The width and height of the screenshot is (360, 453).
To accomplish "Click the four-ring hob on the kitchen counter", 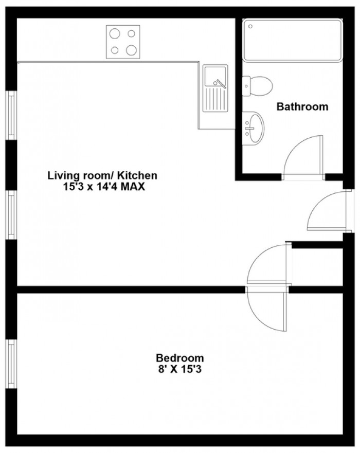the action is tap(123, 42).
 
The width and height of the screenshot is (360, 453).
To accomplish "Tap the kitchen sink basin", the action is tap(214, 76).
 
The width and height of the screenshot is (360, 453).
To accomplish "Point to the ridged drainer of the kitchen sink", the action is tap(214, 99).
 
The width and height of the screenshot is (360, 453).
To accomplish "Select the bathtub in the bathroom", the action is tap(293, 40).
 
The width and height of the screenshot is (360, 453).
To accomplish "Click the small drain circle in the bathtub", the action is tap(250, 26).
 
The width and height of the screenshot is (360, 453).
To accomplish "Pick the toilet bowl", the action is tap(261, 86).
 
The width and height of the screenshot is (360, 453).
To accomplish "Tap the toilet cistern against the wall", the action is tap(246, 86).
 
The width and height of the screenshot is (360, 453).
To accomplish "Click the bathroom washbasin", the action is tap(256, 128).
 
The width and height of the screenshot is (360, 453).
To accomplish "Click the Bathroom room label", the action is tap(302, 106).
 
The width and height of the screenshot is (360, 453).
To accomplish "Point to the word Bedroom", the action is tap(179, 358).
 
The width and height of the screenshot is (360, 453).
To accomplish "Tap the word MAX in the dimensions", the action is tap(133, 187).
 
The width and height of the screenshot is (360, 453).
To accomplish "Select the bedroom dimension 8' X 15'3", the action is tap(179, 369).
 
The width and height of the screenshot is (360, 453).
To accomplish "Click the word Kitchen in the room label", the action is tap(138, 175).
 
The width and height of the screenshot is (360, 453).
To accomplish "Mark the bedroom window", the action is tap(11, 364).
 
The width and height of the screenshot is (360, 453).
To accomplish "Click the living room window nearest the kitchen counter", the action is tap(11, 115).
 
